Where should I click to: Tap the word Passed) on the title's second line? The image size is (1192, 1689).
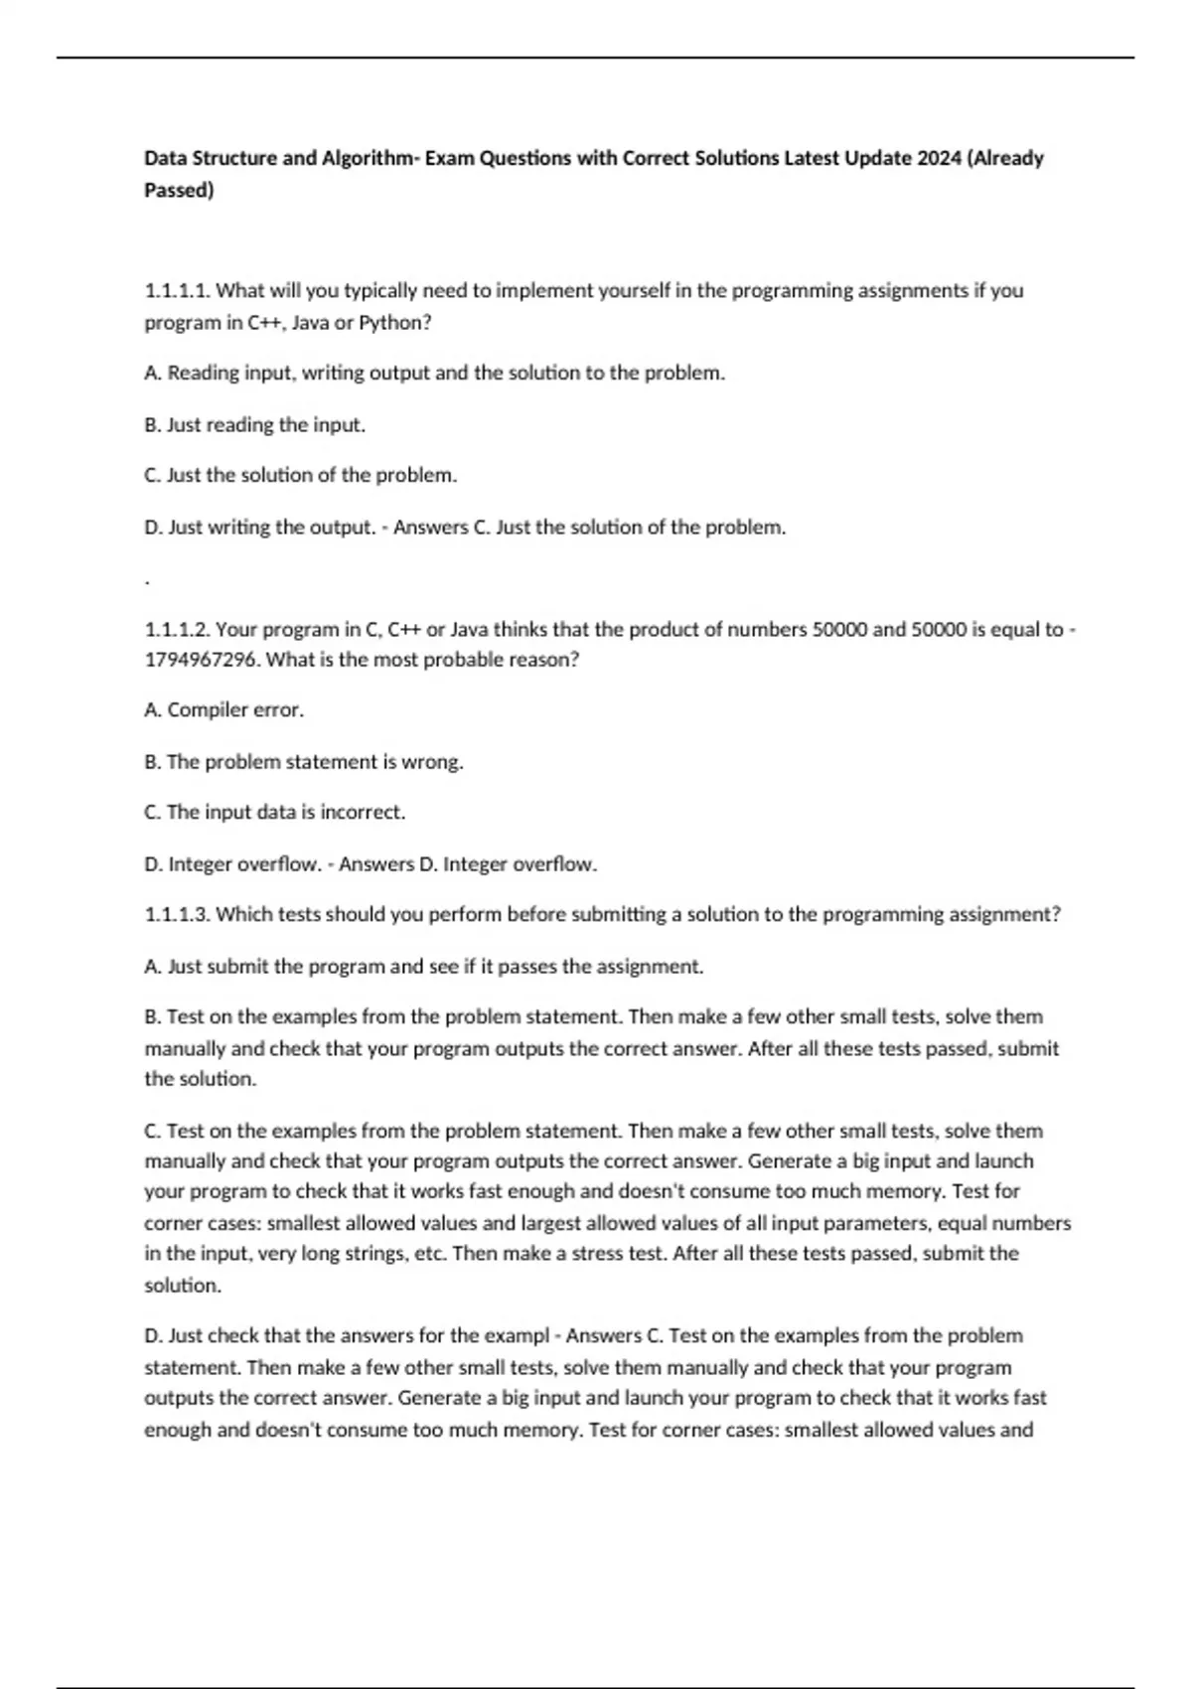(179, 190)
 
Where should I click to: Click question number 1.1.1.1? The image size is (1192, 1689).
(177, 291)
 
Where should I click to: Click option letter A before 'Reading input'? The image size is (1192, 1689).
(152, 374)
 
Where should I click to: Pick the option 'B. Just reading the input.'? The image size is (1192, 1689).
(254, 425)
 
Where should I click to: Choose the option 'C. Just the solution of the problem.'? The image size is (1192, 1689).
(300, 476)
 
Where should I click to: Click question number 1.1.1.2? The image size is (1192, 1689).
(177, 630)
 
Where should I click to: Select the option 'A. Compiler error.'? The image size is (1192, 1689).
(223, 710)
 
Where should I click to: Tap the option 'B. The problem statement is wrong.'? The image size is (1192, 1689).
(303, 762)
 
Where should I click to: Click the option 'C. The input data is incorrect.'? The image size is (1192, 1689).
(274, 813)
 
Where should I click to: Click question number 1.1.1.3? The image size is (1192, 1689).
(177, 915)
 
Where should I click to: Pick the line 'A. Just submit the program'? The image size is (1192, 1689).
(423, 967)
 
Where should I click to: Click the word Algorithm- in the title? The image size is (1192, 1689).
(369, 158)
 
